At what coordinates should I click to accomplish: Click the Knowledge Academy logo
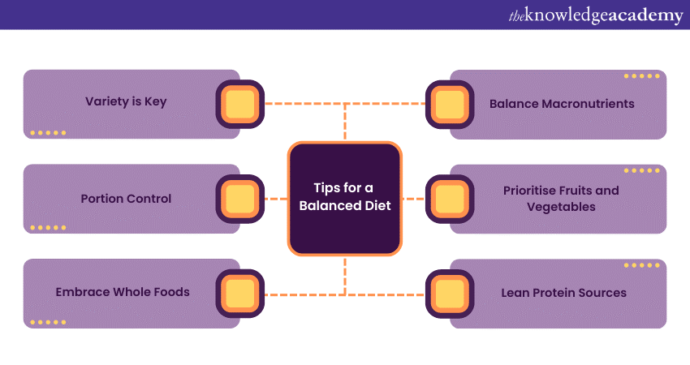pos(596,15)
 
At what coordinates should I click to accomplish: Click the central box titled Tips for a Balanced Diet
pos(344,199)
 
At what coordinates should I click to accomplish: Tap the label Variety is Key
pos(126,102)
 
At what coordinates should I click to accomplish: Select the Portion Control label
pos(126,199)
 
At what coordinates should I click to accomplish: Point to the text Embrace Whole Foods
pos(123,292)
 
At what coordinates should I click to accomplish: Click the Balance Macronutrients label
pos(562,104)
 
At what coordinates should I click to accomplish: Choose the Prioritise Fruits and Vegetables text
pos(560,199)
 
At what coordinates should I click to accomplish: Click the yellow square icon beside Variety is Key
pos(240,104)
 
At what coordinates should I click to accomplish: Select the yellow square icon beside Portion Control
pos(240,199)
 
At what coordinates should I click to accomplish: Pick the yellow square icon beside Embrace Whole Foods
pos(240,293)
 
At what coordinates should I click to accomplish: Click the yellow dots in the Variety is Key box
pos(48,132)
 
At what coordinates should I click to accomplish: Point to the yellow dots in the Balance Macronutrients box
pos(641,76)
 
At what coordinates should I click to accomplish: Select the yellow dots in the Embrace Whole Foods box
pos(48,322)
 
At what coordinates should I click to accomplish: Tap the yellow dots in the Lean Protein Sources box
pos(641,265)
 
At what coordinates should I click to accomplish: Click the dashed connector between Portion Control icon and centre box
pos(276,199)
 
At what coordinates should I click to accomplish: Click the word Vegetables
pos(560,207)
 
